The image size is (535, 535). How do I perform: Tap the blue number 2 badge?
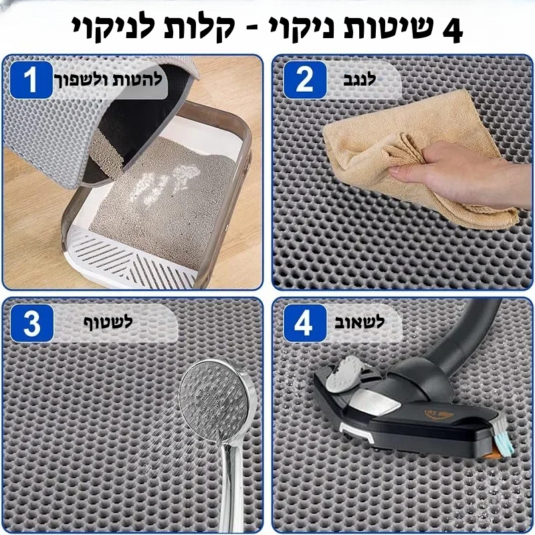[x=305, y=80]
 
